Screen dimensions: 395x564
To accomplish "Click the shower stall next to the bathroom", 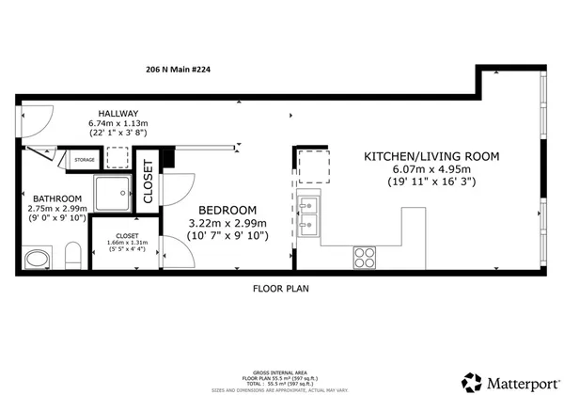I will pyautogui.click(x=117, y=192).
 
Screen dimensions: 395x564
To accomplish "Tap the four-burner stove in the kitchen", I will pyautogui.click(x=365, y=255).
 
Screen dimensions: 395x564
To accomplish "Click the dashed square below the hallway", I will pyautogui.click(x=117, y=158).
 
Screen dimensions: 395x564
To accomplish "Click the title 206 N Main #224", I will pyautogui.click(x=180, y=69).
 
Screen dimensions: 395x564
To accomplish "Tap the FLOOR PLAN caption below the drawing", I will pyautogui.click(x=280, y=289).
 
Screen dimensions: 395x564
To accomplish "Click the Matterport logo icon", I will pyautogui.click(x=469, y=381).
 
